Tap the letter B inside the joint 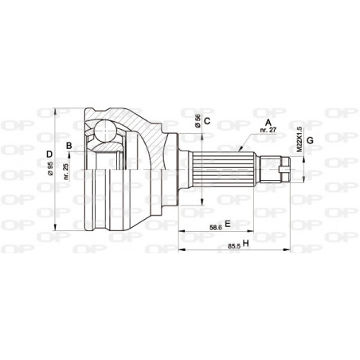click(x=70, y=144)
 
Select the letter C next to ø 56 click(x=206, y=121)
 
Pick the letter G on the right click(x=310, y=141)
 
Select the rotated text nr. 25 click(x=65, y=170)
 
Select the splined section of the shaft click(x=224, y=169)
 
